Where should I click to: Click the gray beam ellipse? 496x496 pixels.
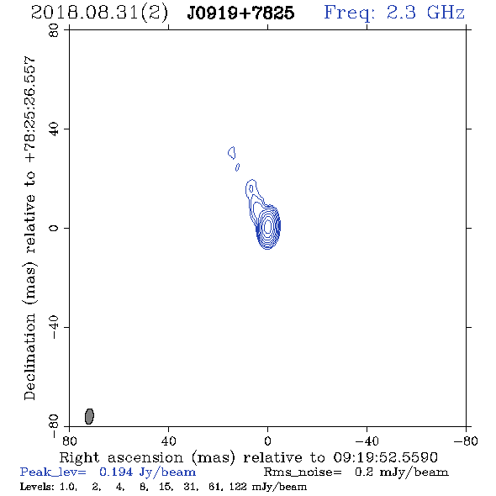[89, 416]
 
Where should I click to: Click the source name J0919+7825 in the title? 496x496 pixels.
[240, 13]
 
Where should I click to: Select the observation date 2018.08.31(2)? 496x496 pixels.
[99, 13]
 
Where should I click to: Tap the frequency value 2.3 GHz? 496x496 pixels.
[425, 13]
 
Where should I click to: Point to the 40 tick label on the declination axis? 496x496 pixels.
[54, 129]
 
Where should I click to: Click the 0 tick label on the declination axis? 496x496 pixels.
[54, 228]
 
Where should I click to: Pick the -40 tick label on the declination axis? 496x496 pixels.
[54, 327]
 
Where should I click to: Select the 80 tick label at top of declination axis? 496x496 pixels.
[54, 30]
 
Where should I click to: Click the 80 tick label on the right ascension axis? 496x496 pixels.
[69, 441]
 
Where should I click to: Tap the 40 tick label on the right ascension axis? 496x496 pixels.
[168, 441]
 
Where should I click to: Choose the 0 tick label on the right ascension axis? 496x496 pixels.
[267, 441]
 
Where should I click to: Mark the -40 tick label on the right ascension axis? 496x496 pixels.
[367, 441]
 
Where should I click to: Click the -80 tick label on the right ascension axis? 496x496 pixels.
[466, 441]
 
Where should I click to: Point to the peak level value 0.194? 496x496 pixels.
[116, 472]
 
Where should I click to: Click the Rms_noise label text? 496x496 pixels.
[303, 472]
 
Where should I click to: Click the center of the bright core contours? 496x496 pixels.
[268, 226]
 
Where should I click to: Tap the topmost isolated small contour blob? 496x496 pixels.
[232, 152]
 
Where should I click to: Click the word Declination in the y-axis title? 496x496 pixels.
[29, 357]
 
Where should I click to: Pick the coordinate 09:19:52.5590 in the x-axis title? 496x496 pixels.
[385, 457]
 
